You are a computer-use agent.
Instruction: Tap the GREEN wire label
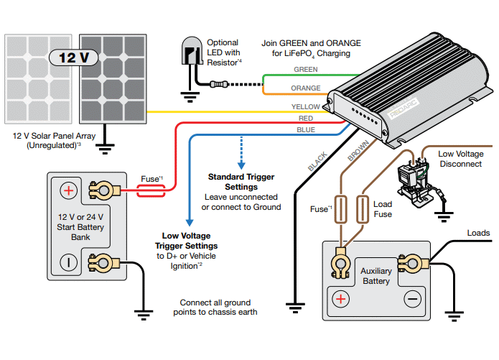coord(307,70)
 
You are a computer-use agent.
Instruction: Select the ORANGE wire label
coord(305,88)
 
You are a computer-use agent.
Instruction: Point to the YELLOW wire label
coord(305,107)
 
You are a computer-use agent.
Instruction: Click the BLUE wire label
coord(305,130)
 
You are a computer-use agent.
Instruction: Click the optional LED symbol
coord(190,52)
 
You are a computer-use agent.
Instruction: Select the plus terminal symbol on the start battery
coord(67,190)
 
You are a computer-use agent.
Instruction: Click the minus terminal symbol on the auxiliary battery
coord(412,298)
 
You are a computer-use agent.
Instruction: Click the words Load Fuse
coord(383,208)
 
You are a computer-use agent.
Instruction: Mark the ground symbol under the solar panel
coord(105,149)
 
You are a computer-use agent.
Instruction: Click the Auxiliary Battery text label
coord(376,276)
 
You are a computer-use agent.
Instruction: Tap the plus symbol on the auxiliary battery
coord(340,298)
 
